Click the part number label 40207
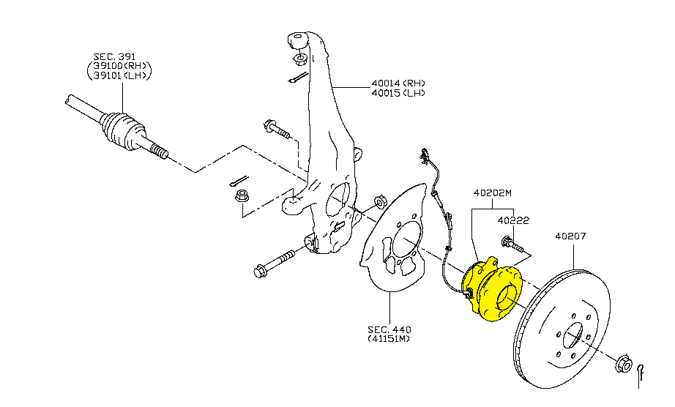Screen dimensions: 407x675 click(570, 236)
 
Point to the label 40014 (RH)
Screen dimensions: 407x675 click(398, 83)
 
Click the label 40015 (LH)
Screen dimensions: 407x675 click(398, 93)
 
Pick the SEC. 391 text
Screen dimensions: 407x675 click(115, 56)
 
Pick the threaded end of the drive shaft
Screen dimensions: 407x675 click(159, 152)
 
